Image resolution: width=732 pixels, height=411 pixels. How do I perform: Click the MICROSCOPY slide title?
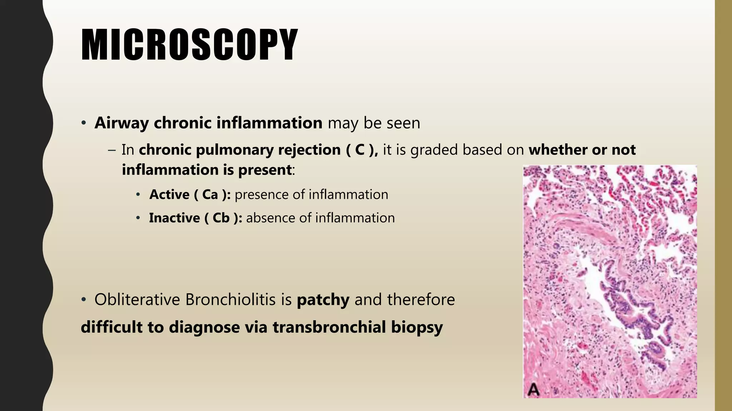pos(189,45)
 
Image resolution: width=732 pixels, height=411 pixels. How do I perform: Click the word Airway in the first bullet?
pos(122,123)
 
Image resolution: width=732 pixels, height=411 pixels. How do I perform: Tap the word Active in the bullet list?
pos(169,195)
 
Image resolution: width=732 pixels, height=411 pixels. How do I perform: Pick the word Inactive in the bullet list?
pos(174,218)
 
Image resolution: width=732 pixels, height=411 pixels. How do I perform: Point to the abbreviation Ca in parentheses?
pos(210,195)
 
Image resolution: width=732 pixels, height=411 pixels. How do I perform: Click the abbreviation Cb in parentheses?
pos(221,218)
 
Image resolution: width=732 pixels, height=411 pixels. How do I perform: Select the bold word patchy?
pos(323,300)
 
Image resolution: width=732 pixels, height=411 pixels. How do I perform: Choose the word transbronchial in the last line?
pos(329,327)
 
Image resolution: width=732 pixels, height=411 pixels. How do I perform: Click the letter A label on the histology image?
pos(533,389)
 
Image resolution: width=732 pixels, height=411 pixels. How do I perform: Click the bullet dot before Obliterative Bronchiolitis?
pos(84,300)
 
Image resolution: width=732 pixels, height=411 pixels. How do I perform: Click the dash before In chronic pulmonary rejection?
pos(112,150)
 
